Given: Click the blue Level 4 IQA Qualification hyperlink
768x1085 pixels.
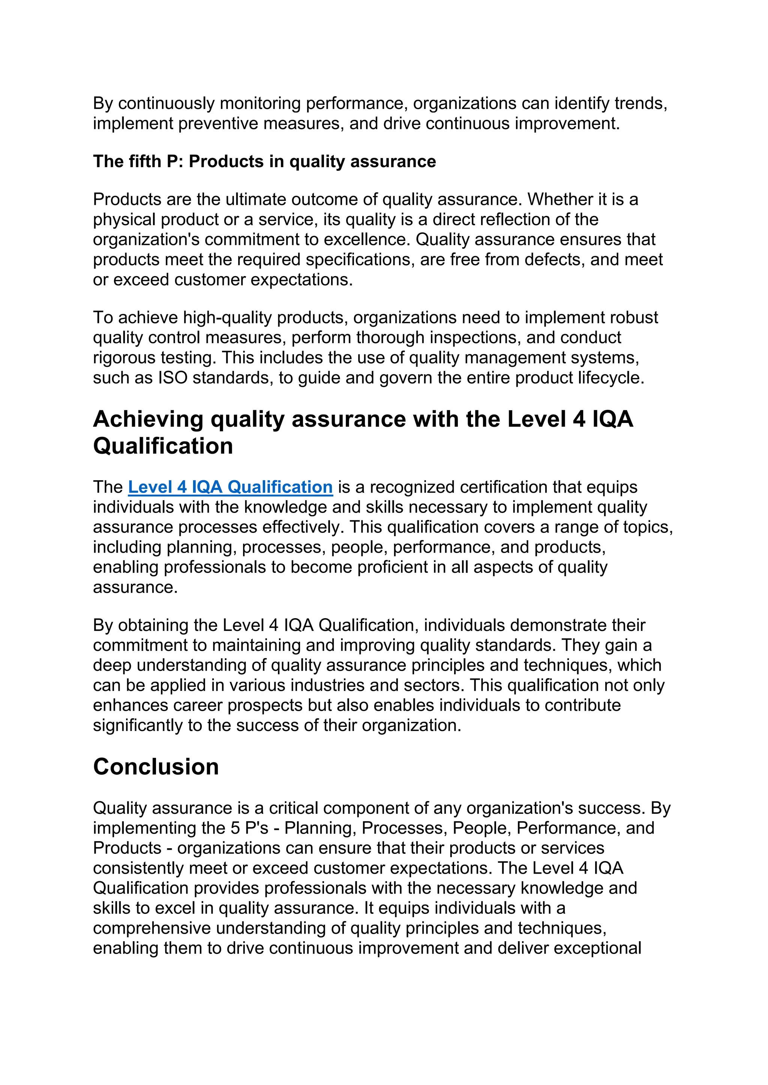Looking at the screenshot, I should coord(230,487).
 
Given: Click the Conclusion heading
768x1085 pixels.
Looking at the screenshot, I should coord(156,767).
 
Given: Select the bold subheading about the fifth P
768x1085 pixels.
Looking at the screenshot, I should coord(264,161).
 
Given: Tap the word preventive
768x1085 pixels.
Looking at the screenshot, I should coord(218,123).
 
